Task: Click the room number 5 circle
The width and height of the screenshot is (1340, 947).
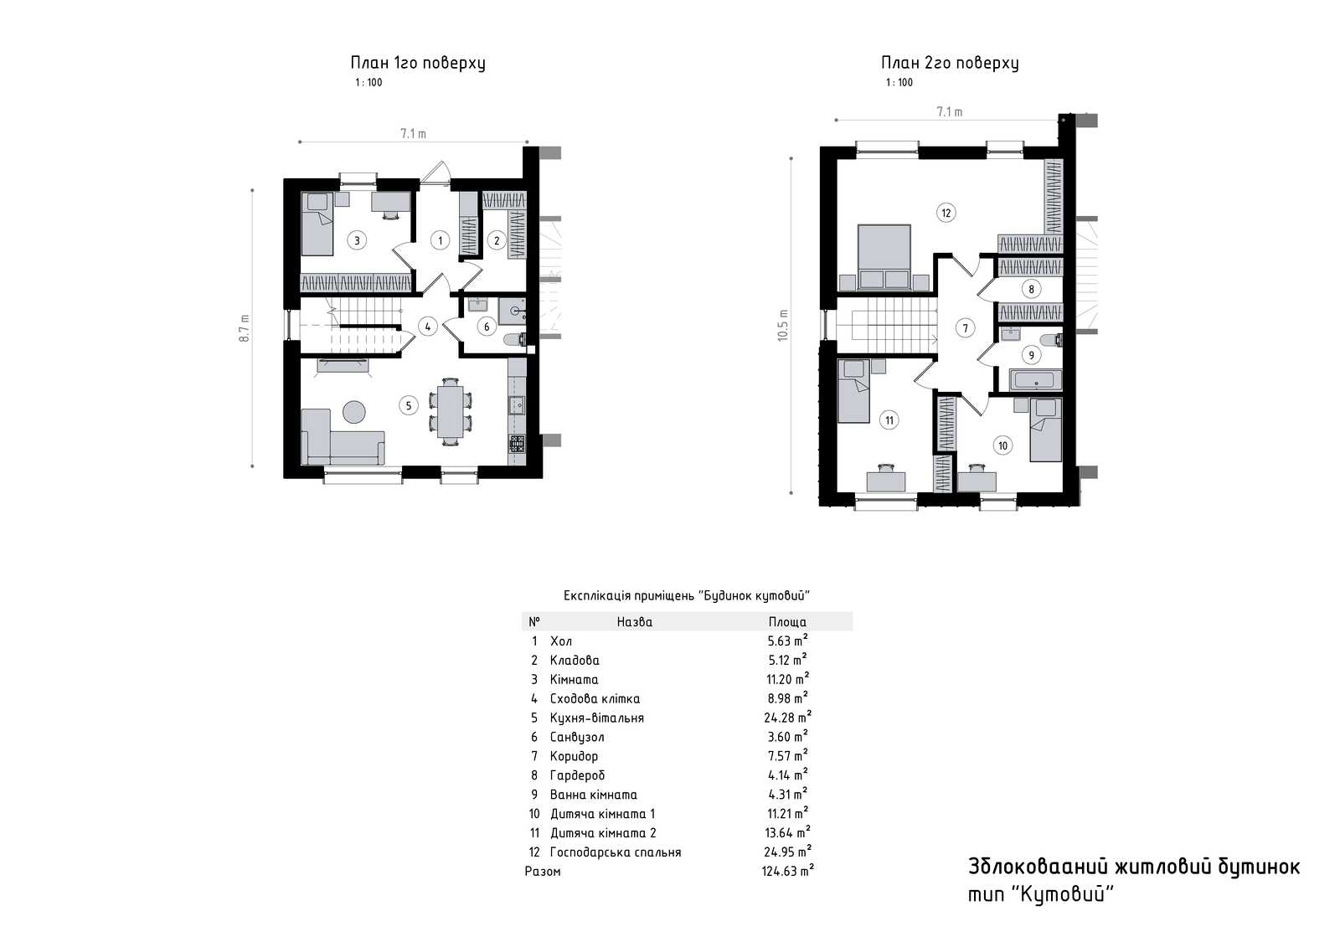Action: (409, 405)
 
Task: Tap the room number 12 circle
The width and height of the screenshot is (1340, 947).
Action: (946, 213)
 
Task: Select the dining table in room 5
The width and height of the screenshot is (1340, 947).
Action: (450, 412)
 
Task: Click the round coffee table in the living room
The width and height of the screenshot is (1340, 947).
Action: (353, 412)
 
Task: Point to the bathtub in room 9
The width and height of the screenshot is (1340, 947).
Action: (1035, 380)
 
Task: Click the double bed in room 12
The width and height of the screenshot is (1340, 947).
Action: (884, 257)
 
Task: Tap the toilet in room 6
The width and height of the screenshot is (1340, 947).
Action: (514, 340)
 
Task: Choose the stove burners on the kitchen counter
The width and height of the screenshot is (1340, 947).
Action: (517, 443)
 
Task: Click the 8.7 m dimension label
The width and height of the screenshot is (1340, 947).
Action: (244, 328)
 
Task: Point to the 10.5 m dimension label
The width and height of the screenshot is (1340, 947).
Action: (782, 326)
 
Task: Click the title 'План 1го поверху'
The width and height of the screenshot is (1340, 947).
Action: (418, 63)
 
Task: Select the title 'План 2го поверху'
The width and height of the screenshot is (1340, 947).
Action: (950, 63)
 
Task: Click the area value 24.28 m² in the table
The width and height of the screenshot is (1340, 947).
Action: (787, 718)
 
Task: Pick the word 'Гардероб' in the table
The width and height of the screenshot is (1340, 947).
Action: (577, 775)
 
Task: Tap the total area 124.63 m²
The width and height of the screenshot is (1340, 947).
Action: (787, 871)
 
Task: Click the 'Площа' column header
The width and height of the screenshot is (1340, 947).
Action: (787, 622)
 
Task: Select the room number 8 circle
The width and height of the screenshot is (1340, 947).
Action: (1031, 290)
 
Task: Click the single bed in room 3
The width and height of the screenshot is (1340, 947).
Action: (317, 224)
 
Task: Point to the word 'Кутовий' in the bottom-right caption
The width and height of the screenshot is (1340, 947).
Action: (1062, 894)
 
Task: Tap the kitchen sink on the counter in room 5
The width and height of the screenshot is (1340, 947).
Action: (517, 405)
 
